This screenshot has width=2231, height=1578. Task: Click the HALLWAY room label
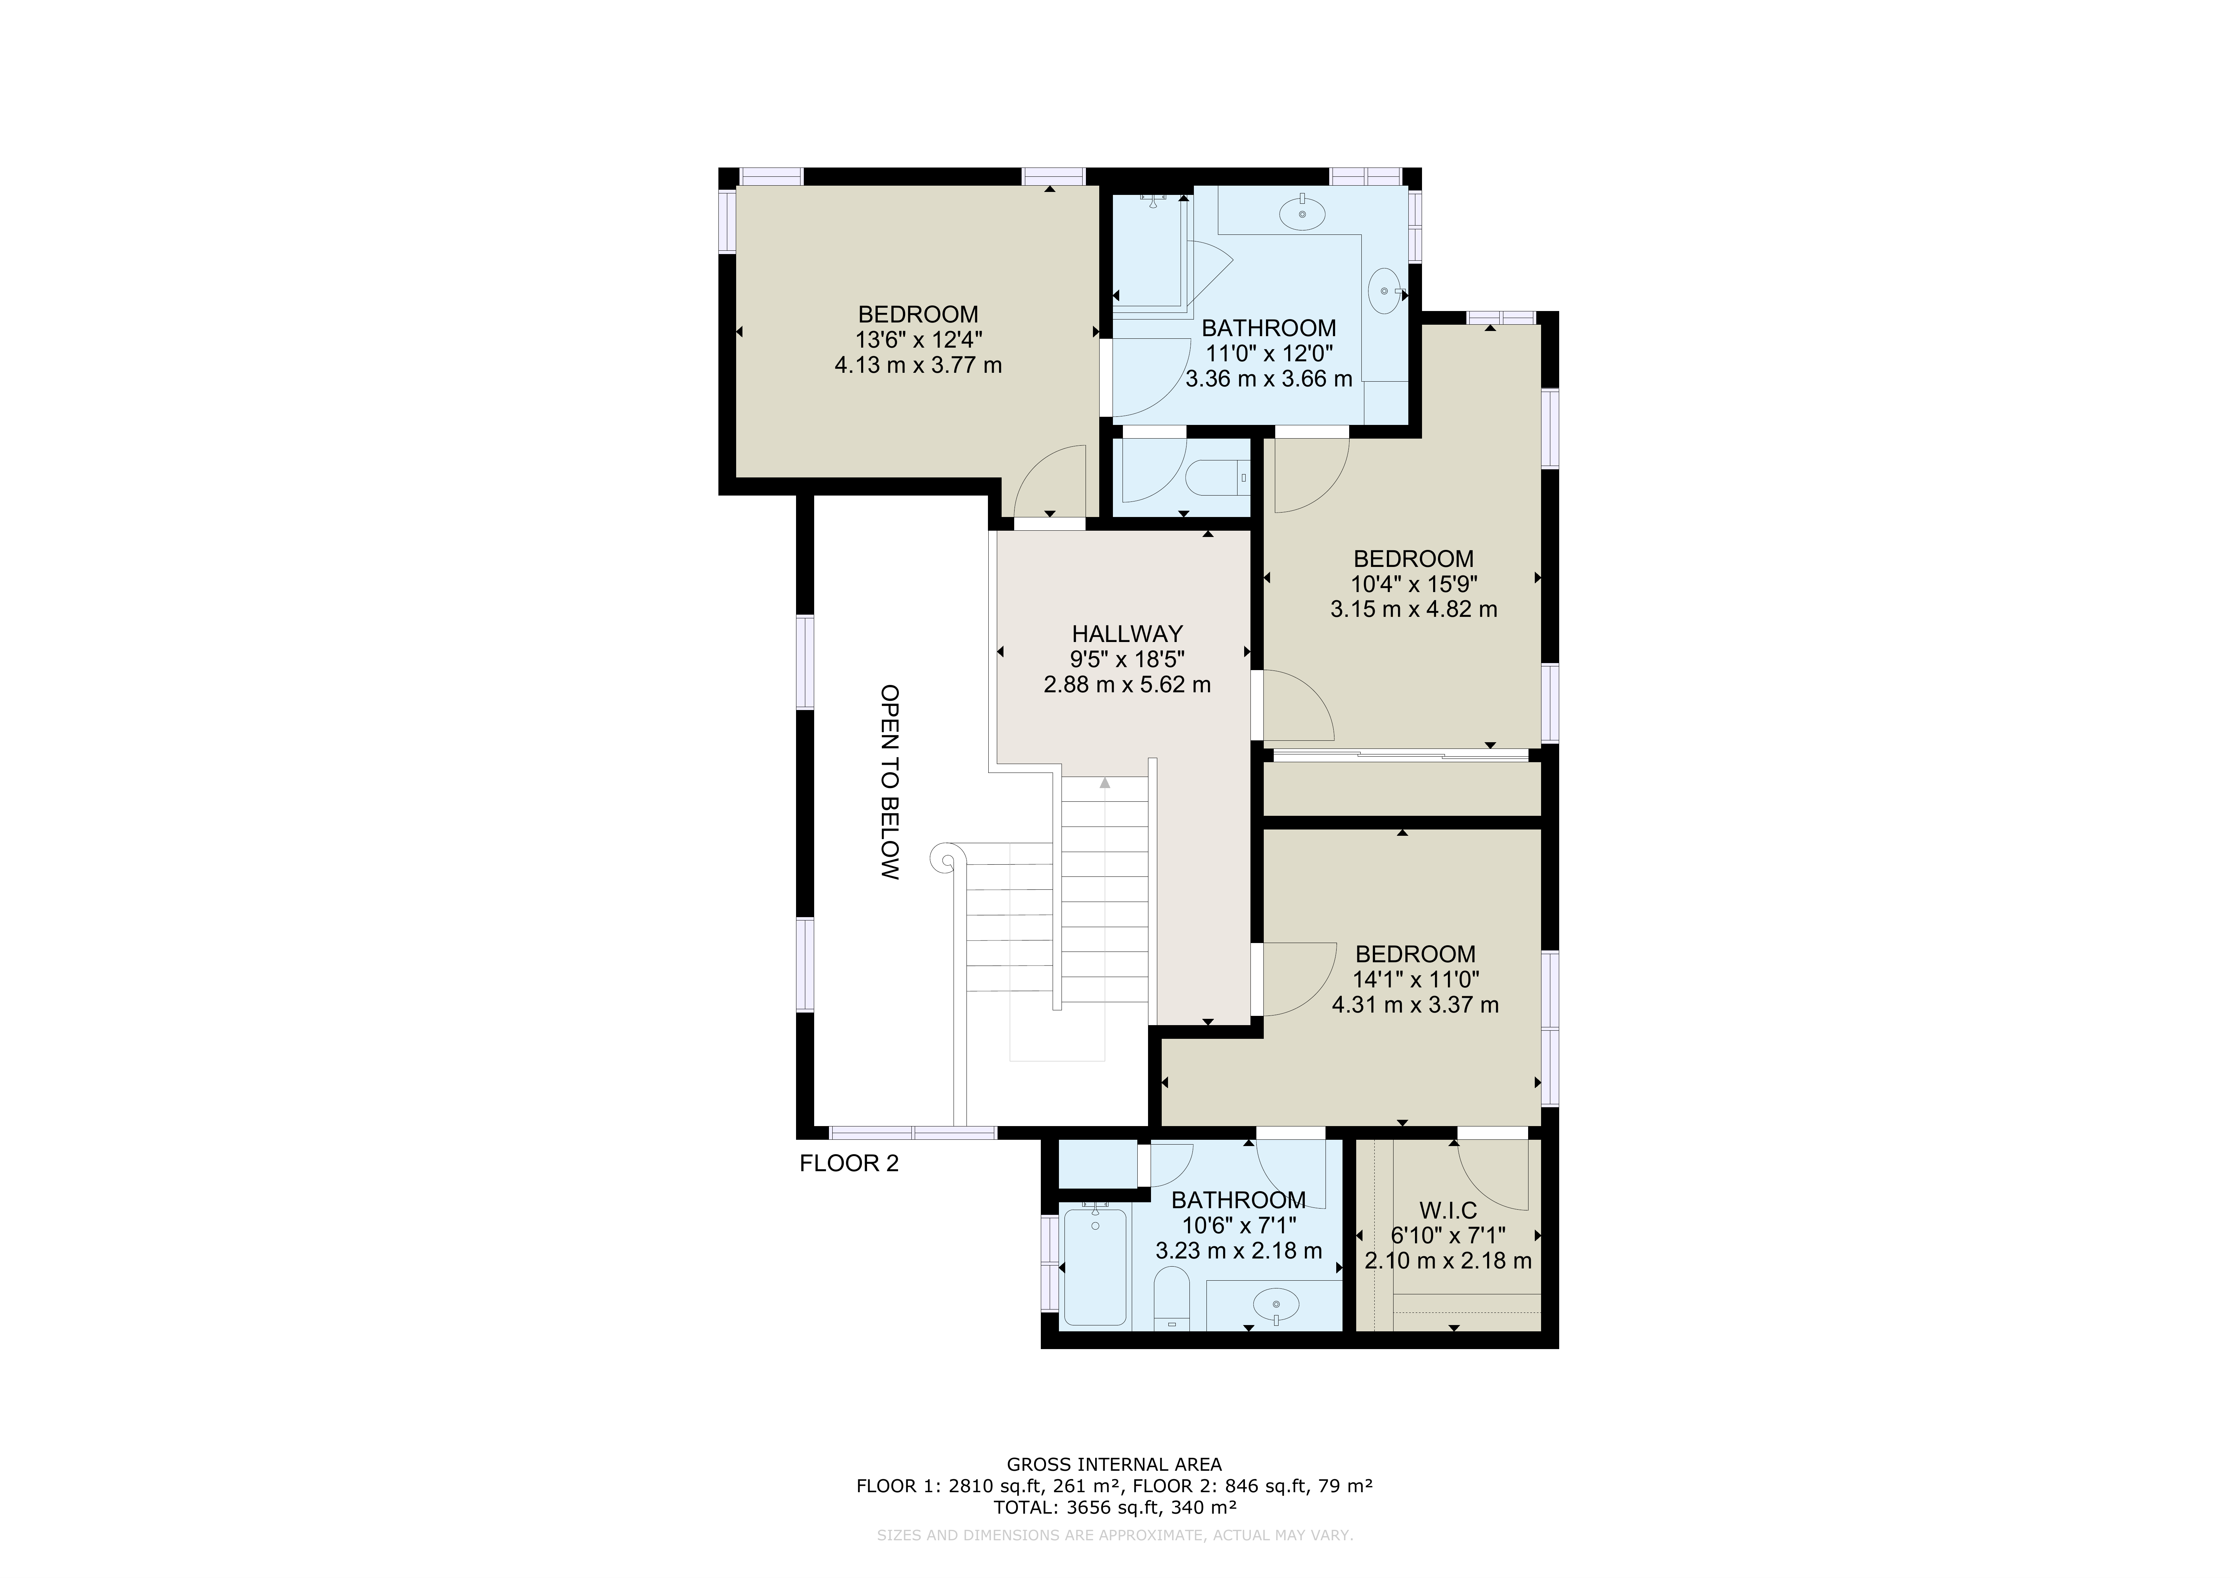[1127, 633]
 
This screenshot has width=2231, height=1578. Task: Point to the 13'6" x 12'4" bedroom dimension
[918, 340]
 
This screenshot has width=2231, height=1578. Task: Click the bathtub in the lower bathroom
[1095, 1266]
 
